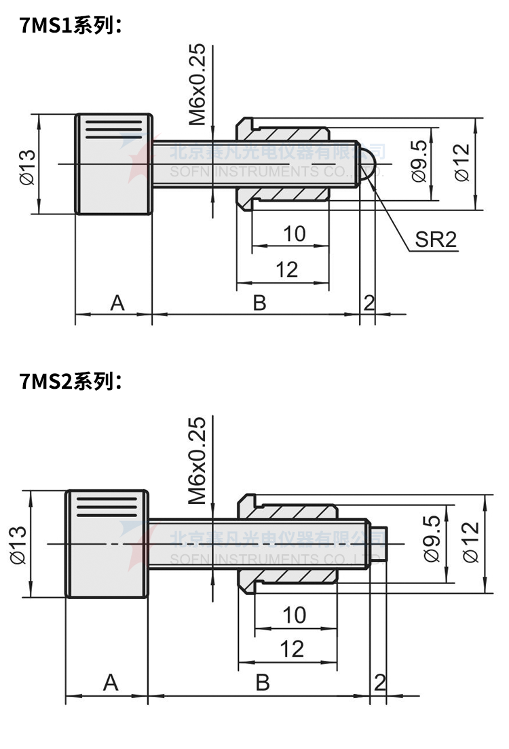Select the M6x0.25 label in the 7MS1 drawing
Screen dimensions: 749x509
click(197, 85)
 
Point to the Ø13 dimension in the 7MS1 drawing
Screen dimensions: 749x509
click(27, 166)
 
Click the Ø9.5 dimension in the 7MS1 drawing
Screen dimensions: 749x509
click(419, 161)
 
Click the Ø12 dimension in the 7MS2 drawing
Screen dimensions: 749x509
click(471, 541)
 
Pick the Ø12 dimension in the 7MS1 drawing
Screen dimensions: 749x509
click(461, 163)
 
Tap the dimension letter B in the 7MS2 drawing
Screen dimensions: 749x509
click(263, 683)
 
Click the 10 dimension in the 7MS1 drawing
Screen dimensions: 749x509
click(294, 234)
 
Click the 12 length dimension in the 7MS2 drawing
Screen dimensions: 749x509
click(293, 649)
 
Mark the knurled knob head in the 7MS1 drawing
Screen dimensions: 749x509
click(113, 164)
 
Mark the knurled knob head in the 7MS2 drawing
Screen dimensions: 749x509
click(107, 544)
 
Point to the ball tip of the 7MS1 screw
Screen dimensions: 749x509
click(367, 164)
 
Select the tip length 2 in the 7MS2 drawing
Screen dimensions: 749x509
click(380, 682)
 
